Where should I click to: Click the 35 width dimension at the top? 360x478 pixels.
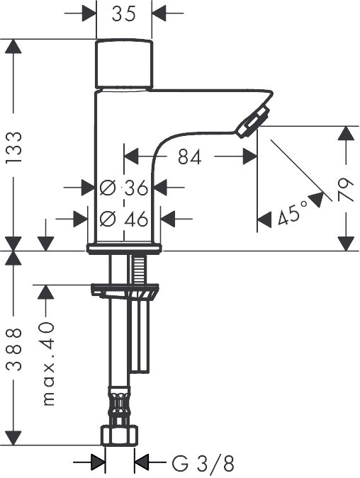coord(123,13)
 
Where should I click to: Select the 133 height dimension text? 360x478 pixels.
coord(14,147)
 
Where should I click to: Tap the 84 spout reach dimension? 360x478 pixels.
coord(190,157)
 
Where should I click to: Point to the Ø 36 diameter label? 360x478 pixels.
coord(124,188)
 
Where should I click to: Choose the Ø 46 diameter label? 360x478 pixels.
coord(124,219)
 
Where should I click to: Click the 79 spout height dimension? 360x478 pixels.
coord(346,190)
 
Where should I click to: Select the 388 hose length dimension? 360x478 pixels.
coord(14,349)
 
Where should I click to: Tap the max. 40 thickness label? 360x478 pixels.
coord(48,363)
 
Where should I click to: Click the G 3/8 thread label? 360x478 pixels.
coord(203,464)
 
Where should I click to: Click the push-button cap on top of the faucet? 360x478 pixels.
coord(124,64)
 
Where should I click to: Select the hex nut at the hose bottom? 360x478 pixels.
coord(119,436)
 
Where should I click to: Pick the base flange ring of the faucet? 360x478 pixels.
coord(124,248)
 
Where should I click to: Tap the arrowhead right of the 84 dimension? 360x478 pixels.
coord(249,157)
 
